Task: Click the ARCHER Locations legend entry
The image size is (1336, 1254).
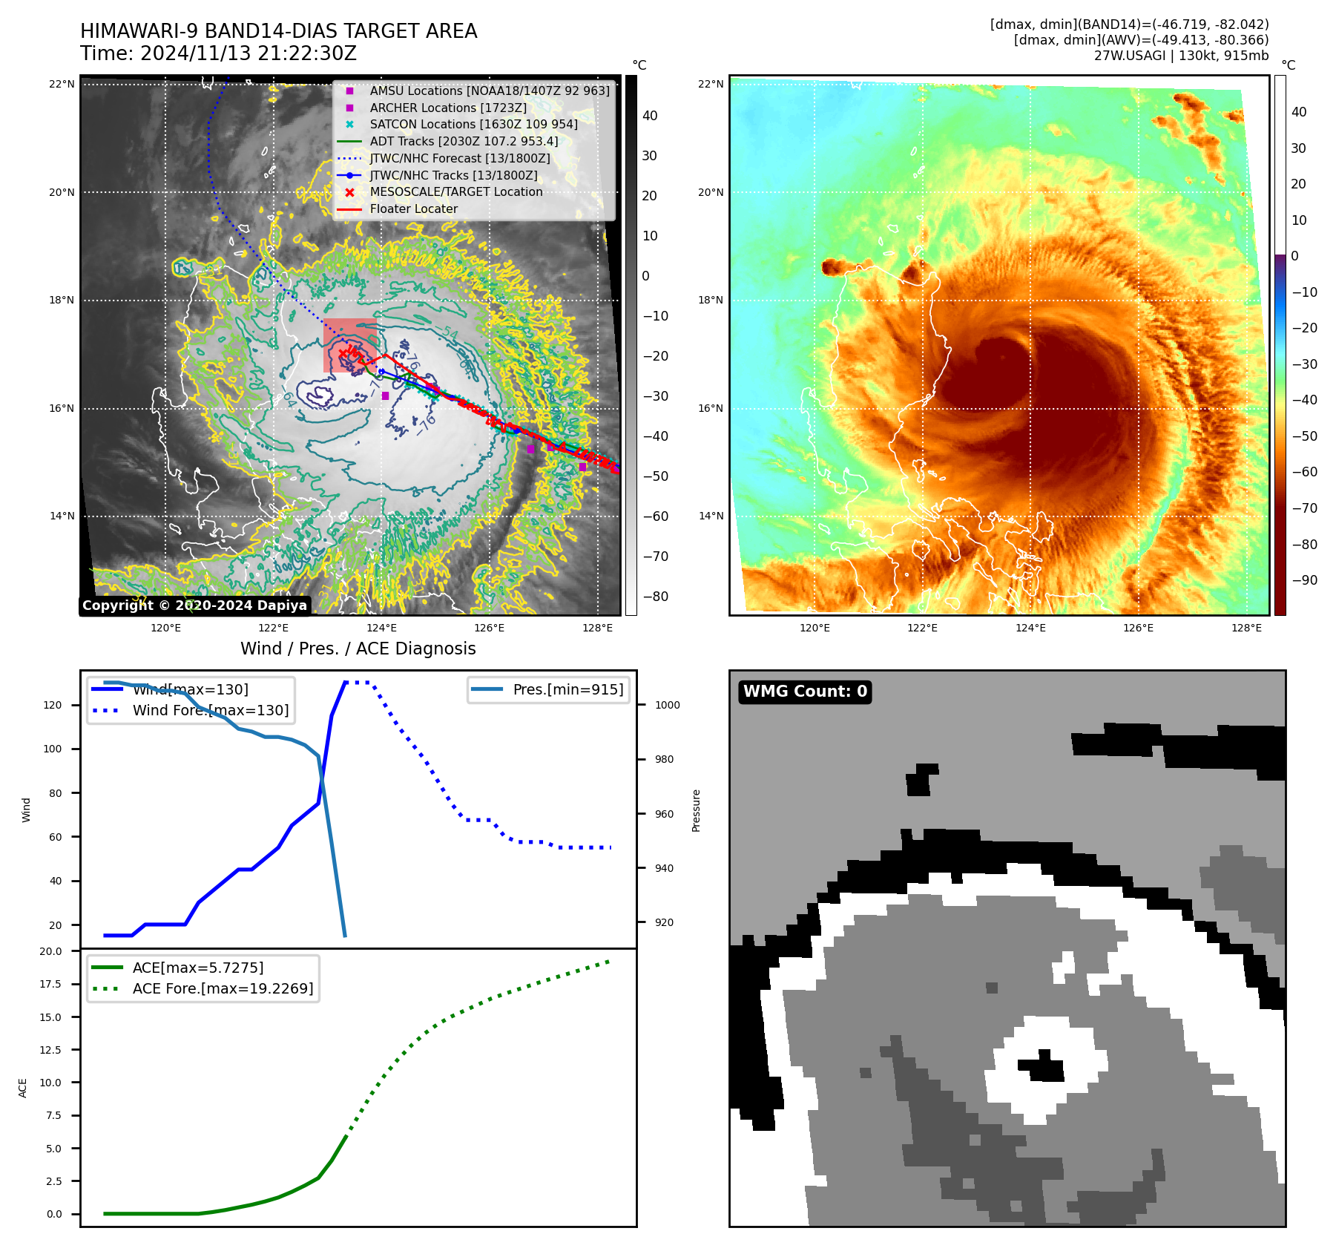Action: point(448,108)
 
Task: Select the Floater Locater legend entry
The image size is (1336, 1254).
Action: point(413,209)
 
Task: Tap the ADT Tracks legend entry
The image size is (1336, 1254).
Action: point(464,141)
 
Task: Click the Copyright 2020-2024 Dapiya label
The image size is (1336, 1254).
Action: point(194,605)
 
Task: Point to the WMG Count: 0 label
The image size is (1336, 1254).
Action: point(805,692)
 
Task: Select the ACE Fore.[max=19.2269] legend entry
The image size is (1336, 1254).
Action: point(223,988)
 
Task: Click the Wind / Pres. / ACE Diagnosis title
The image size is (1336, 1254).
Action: point(358,649)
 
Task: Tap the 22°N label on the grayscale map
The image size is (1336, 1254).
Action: point(62,84)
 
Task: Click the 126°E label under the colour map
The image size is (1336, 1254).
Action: point(1138,628)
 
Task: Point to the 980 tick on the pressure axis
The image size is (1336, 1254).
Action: point(665,759)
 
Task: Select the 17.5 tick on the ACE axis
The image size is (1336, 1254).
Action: point(51,984)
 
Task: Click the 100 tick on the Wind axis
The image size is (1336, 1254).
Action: point(53,749)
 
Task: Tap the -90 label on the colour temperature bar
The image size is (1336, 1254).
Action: point(1304,580)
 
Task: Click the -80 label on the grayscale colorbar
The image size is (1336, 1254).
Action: point(655,597)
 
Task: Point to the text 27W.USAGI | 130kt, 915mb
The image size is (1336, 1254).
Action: point(1181,56)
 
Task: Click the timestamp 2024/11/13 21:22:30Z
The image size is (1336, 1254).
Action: point(248,53)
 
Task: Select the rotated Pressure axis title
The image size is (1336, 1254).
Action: point(696,810)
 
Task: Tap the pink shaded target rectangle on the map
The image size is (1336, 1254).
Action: point(349,345)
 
